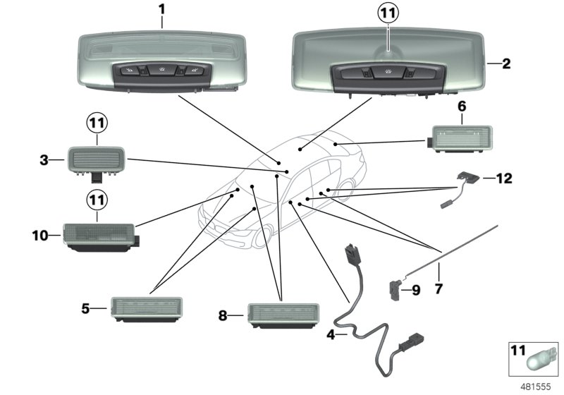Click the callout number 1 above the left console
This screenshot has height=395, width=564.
click(162, 11)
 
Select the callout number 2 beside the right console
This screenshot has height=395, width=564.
click(506, 63)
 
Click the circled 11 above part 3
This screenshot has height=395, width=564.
click(97, 124)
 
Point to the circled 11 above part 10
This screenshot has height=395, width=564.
click(97, 201)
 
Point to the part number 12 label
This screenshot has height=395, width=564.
click(504, 179)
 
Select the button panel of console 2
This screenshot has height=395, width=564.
click(388, 73)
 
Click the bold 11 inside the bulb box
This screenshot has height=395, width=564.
click(518, 350)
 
